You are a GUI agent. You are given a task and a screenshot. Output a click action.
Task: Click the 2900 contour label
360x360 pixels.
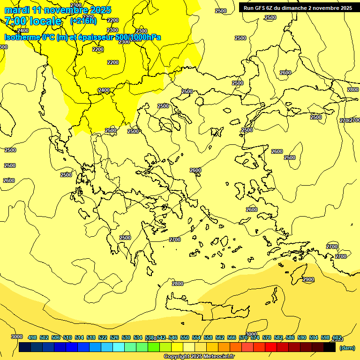[308, 279]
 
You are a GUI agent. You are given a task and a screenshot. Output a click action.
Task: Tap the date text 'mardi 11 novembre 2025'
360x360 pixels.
[58, 10]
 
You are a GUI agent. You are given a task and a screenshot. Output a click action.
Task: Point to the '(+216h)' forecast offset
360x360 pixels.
[83, 21]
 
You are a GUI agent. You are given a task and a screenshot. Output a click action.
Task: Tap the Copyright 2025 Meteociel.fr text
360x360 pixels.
[199, 357]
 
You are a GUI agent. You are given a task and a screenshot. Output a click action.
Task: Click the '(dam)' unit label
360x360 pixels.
[347, 348]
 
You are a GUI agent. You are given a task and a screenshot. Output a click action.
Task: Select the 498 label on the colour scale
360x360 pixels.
[32, 337]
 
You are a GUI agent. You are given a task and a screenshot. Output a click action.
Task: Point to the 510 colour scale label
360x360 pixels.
[67, 337]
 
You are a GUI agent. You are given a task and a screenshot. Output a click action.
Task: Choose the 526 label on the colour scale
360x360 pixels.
[114, 337]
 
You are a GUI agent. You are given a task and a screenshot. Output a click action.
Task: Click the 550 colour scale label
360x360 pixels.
[185, 337]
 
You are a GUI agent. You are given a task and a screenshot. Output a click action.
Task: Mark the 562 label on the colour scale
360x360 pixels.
[220, 337]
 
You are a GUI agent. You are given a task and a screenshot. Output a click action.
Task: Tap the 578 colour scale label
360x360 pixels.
[267, 337]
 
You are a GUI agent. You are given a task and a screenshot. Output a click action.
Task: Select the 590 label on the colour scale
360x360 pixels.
[302, 337]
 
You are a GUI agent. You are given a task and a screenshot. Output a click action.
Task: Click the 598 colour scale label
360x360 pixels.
[325, 337]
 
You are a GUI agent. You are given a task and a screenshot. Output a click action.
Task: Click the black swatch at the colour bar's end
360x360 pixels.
[330, 347]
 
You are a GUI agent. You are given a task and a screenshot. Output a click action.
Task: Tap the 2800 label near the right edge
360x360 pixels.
[353, 90]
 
